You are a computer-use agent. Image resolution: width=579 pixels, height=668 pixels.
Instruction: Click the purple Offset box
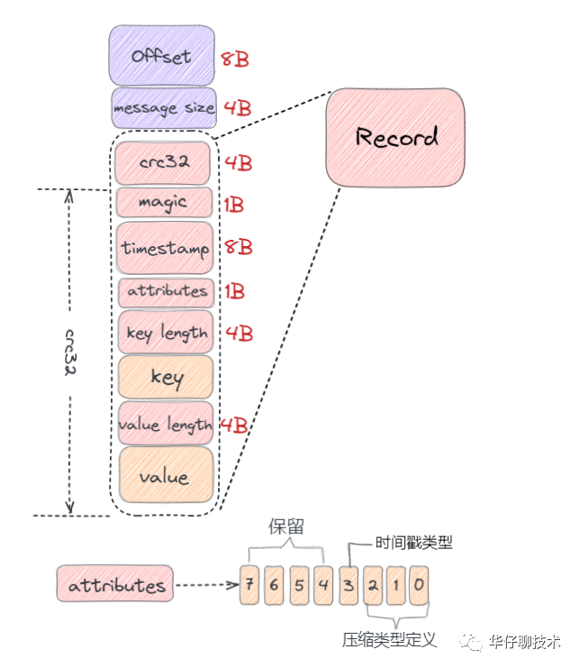pos(162,56)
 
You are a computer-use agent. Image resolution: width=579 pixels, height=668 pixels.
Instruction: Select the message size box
pos(164,108)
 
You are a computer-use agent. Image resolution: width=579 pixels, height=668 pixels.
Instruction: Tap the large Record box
pos(396,138)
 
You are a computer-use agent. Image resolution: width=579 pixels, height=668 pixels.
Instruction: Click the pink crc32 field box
pos(163,163)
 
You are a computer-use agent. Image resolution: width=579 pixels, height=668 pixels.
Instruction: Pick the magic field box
pos(164,203)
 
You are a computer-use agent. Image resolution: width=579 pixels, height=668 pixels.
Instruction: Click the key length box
pos(166,333)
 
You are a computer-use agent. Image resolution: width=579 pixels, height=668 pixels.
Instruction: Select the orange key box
pos(166,377)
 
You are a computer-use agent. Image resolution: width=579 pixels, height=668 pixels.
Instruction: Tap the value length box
pos(166,424)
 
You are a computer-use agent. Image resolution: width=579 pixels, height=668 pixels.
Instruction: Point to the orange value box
pos(166,475)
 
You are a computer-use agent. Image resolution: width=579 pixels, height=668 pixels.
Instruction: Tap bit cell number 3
pos(348,584)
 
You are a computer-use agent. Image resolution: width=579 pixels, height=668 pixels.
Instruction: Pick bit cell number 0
pos(419,584)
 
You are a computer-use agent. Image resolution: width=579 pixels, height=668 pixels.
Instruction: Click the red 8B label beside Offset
pos(235,60)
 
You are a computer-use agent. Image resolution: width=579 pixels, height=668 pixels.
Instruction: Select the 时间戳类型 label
pos(413,544)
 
